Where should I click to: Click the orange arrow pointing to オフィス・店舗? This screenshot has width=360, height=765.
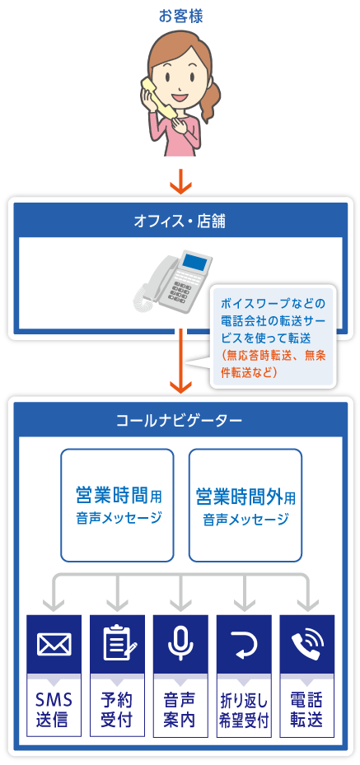(x=180, y=180)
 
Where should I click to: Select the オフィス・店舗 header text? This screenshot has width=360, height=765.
(x=180, y=222)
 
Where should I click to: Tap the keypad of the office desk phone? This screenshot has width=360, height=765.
(x=180, y=289)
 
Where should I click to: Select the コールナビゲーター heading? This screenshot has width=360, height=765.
(x=180, y=420)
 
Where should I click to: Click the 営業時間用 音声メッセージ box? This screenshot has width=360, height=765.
(x=117, y=505)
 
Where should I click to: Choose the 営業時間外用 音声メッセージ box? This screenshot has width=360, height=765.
(x=245, y=505)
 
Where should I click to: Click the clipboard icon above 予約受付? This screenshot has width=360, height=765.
(x=117, y=643)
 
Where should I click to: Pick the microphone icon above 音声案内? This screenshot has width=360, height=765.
(x=180, y=643)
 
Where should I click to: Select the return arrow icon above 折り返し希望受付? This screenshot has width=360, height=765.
(x=244, y=643)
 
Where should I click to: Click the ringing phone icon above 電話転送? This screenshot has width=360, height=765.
(x=307, y=643)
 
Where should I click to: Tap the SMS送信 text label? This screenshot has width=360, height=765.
(x=54, y=710)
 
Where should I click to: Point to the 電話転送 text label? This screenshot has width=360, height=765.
(x=306, y=710)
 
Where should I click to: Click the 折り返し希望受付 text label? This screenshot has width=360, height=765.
(x=244, y=711)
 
